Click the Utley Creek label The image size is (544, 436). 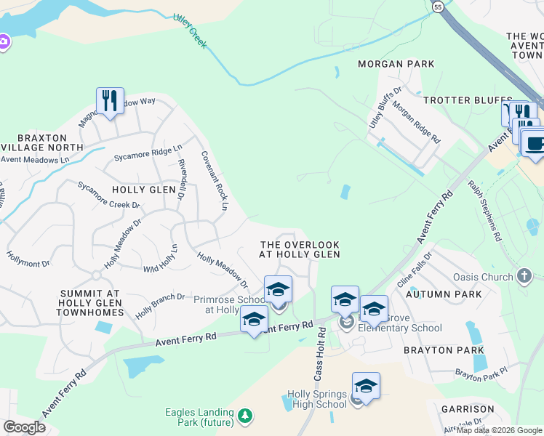pyautogui.click(x=191, y=33)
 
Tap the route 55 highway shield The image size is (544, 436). pyautogui.click(x=437, y=7)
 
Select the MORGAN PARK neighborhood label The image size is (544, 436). pyautogui.click(x=390, y=64)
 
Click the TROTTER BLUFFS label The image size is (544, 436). pyautogui.click(x=458, y=100)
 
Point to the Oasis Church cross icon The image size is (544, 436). pyautogui.click(x=524, y=276)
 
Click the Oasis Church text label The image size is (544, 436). pyautogui.click(x=483, y=277)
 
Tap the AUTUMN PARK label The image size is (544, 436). pyautogui.click(x=444, y=294)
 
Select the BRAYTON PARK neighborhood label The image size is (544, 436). pyautogui.click(x=444, y=350)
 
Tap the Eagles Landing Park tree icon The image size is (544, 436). pyautogui.click(x=246, y=416)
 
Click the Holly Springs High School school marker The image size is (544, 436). pyautogui.click(x=366, y=387)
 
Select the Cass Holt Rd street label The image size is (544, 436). pyautogui.click(x=319, y=353)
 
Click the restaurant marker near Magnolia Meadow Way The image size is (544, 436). pyautogui.click(x=110, y=100)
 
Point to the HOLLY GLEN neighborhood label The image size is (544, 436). pyautogui.click(x=144, y=189)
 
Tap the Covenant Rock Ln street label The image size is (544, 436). pyautogui.click(x=215, y=181)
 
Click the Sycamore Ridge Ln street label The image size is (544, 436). pyautogui.click(x=148, y=153)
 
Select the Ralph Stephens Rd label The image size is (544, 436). pyautogui.click(x=484, y=211)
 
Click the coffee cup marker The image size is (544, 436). pyautogui.click(x=535, y=142)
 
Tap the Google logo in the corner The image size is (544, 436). pyautogui.click(x=24, y=427)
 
